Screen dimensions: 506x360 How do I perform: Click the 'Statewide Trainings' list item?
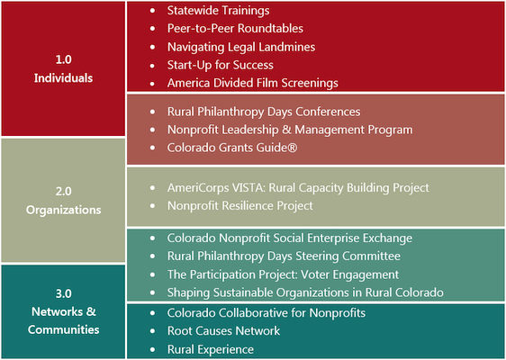click(x=218, y=11)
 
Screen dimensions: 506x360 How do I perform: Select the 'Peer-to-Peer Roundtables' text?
click(x=235, y=29)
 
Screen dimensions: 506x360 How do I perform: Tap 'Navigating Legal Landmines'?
click(x=241, y=47)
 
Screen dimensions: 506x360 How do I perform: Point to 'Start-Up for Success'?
click(x=220, y=65)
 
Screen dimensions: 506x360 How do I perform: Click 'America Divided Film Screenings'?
click(x=253, y=83)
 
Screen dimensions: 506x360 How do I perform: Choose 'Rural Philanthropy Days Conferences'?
click(x=264, y=112)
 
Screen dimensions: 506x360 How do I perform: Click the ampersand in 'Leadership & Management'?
click(x=286, y=130)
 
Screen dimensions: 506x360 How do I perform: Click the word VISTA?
click(x=248, y=188)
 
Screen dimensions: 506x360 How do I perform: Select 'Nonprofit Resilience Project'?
click(x=240, y=206)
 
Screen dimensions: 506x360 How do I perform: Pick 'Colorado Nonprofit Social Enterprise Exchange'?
click(x=290, y=238)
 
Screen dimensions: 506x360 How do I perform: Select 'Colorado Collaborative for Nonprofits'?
click(x=267, y=313)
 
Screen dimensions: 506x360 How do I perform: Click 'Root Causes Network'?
click(x=223, y=331)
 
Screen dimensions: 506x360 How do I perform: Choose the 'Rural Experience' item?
click(x=211, y=349)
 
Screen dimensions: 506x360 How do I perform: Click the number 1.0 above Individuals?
click(x=64, y=59)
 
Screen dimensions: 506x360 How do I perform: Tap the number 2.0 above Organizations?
click(x=64, y=192)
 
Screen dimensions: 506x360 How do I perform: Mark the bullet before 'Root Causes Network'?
click(x=153, y=331)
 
